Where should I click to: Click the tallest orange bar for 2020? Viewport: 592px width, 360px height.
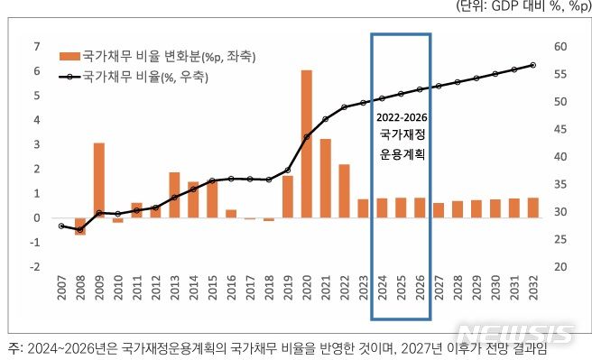pos(307,143)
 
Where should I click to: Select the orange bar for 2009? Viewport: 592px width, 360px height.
pos(99,180)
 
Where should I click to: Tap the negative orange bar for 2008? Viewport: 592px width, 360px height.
pos(80,226)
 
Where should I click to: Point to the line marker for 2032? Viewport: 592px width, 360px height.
pos(532,65)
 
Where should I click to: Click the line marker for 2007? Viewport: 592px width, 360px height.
pos(61,226)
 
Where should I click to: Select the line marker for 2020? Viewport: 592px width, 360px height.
pos(307,137)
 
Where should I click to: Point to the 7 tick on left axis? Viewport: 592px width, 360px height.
pos(37,46)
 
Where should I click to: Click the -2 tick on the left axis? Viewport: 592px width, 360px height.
pos(35,267)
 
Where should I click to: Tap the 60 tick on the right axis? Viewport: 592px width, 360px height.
pos(560,47)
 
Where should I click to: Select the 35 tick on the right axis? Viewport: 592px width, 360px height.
pos(560,184)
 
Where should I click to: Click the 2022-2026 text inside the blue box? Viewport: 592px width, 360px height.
pos(402,118)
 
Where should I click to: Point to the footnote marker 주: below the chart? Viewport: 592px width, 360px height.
pos(15,347)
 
